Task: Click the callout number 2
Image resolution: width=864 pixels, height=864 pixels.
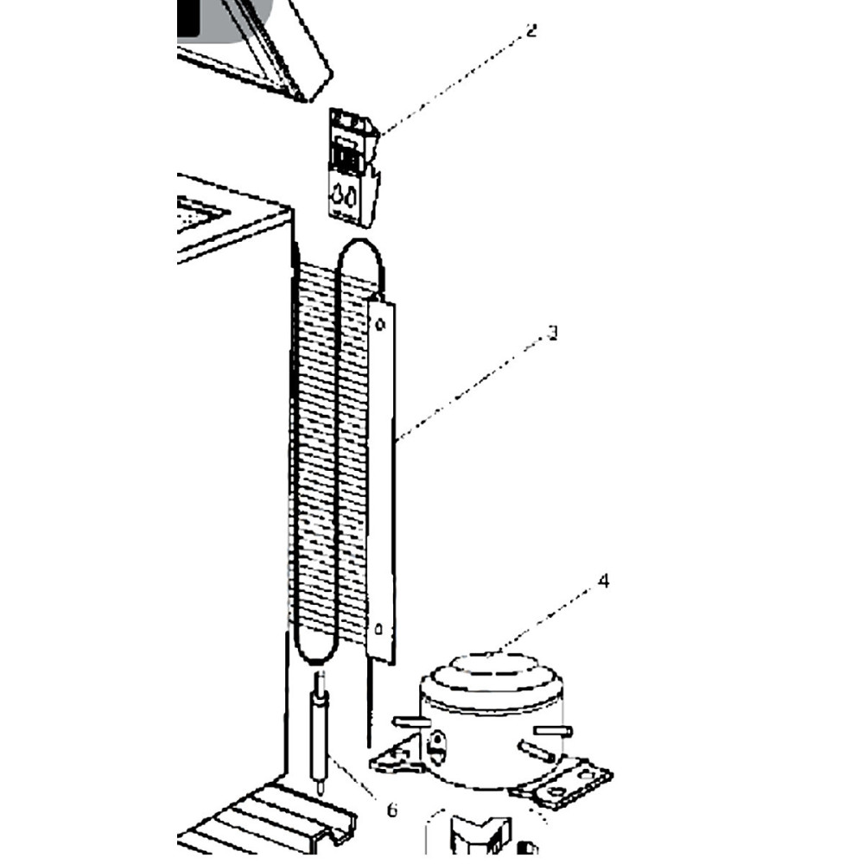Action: tap(530, 31)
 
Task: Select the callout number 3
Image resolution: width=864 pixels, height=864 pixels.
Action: tap(553, 332)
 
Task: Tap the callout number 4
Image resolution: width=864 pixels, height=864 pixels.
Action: tap(603, 581)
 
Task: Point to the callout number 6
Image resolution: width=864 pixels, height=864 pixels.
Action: tap(392, 810)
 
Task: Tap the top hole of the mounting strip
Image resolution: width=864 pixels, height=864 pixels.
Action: tap(379, 323)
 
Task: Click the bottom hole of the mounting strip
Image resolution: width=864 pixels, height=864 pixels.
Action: tap(378, 629)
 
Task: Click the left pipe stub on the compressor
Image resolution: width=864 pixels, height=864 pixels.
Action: tap(410, 721)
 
